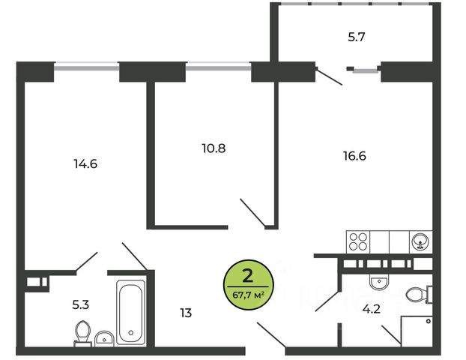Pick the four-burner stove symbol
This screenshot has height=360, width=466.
coord(358,241)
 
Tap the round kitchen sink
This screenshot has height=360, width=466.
coord(420,241)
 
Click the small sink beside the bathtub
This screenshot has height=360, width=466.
coord(106,338)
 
